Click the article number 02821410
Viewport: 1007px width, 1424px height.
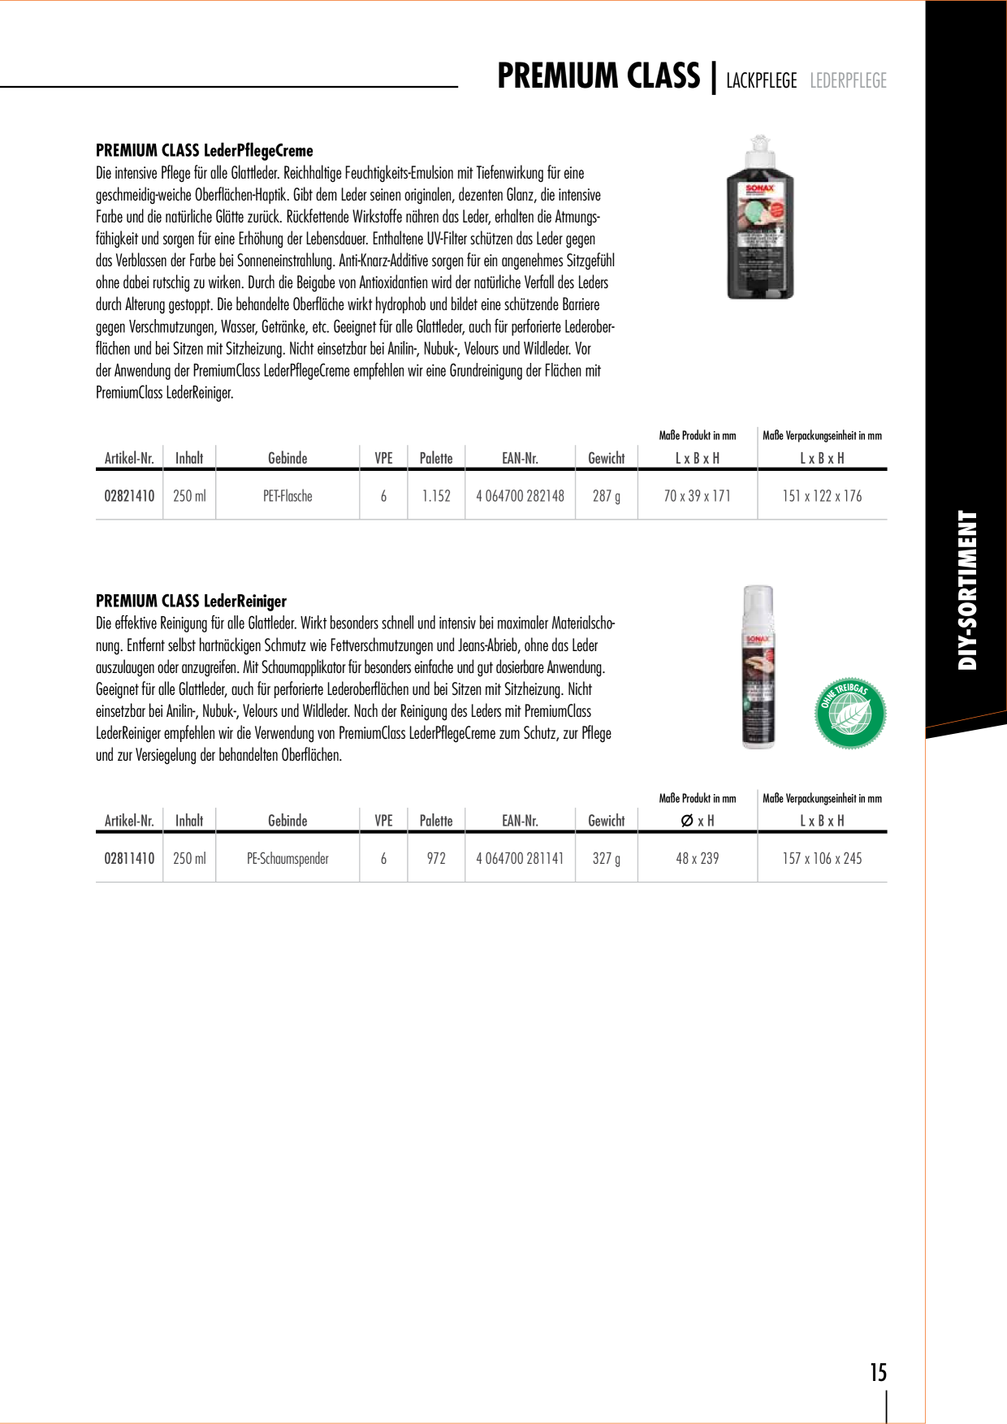(x=129, y=496)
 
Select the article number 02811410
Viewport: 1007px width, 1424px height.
(x=129, y=858)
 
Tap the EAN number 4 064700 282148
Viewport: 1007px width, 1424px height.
(x=520, y=496)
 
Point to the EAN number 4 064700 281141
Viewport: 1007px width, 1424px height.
(x=520, y=858)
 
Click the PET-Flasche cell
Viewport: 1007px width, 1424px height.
(x=287, y=496)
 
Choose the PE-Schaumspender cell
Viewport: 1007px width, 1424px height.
(x=287, y=858)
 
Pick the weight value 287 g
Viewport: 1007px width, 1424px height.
(x=607, y=496)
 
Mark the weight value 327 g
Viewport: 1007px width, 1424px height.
(x=607, y=858)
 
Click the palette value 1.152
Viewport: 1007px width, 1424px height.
(x=436, y=496)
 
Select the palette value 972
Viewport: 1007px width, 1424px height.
(x=436, y=858)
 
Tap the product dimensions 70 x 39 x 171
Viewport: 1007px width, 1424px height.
(x=697, y=496)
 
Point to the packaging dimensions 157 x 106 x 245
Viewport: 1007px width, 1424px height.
(x=822, y=858)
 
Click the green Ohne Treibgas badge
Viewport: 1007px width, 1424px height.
(x=850, y=713)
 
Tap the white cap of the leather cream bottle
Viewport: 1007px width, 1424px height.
(x=759, y=154)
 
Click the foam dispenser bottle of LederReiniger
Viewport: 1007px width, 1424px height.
(x=758, y=667)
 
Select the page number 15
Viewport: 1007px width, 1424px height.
(x=879, y=1372)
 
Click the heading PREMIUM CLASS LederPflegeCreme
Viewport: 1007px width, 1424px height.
(x=205, y=150)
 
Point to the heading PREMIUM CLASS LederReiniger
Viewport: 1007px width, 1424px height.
(x=192, y=601)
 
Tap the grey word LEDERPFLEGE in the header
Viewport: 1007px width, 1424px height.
(x=848, y=80)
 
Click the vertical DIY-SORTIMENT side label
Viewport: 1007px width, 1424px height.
(x=967, y=590)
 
